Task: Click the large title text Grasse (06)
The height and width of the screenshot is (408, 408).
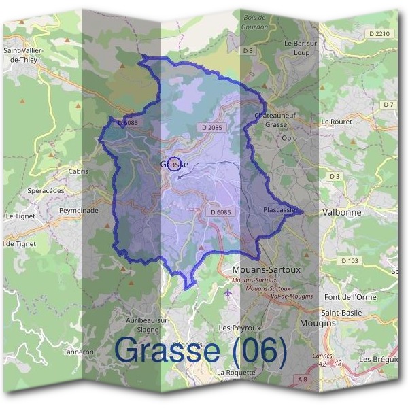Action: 201,350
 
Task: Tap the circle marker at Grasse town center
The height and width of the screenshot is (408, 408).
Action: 175,164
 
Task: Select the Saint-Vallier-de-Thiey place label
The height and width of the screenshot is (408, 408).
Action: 25,54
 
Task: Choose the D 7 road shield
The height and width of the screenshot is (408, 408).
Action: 388,105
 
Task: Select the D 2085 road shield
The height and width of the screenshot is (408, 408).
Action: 212,127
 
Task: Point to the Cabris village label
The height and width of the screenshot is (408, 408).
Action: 78,171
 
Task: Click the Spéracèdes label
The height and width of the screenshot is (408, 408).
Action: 46,191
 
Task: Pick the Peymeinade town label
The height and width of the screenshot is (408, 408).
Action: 79,211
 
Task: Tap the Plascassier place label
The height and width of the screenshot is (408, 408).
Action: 279,211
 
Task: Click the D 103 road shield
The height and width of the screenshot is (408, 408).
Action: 350,261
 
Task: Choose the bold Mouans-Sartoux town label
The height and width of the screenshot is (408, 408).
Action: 261,269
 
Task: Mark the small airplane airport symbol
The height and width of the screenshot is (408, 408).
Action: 227,293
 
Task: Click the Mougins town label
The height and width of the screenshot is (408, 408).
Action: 318,324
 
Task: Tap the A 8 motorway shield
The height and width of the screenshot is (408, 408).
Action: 302,378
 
